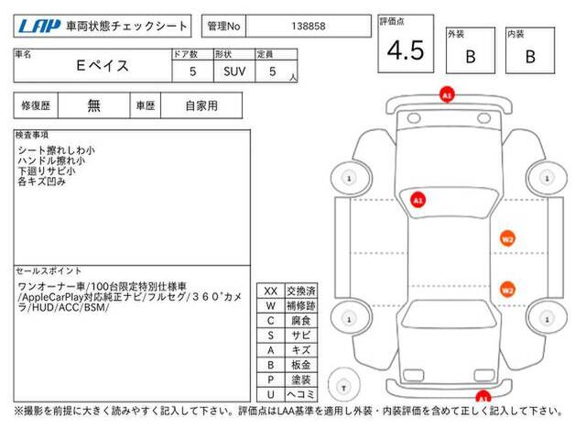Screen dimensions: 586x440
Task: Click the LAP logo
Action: (x=39, y=27)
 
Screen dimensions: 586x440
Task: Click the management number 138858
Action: (x=309, y=27)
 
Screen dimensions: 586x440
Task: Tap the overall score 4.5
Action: (x=406, y=50)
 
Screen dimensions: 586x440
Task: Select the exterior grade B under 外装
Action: (x=471, y=57)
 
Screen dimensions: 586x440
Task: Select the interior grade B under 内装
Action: (x=530, y=57)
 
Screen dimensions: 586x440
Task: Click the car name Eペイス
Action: (x=103, y=66)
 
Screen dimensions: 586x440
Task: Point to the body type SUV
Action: (x=234, y=71)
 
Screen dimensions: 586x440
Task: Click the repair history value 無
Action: (x=93, y=106)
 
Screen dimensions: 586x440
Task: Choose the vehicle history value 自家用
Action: (x=201, y=106)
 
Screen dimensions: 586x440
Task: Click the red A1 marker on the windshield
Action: (x=418, y=200)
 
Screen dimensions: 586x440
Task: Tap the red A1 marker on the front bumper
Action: (x=447, y=95)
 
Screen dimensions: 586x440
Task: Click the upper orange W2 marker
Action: (x=507, y=239)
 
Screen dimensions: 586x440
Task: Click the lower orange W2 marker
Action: (x=507, y=290)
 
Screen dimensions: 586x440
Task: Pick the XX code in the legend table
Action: (x=271, y=291)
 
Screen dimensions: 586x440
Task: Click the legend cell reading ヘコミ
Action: (x=301, y=394)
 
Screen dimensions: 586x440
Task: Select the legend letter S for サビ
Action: (x=271, y=335)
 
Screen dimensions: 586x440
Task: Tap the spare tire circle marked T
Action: (x=344, y=385)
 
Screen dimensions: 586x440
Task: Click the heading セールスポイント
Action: (x=49, y=271)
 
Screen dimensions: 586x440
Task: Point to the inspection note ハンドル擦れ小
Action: (x=51, y=161)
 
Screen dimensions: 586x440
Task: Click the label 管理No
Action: (x=223, y=27)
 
